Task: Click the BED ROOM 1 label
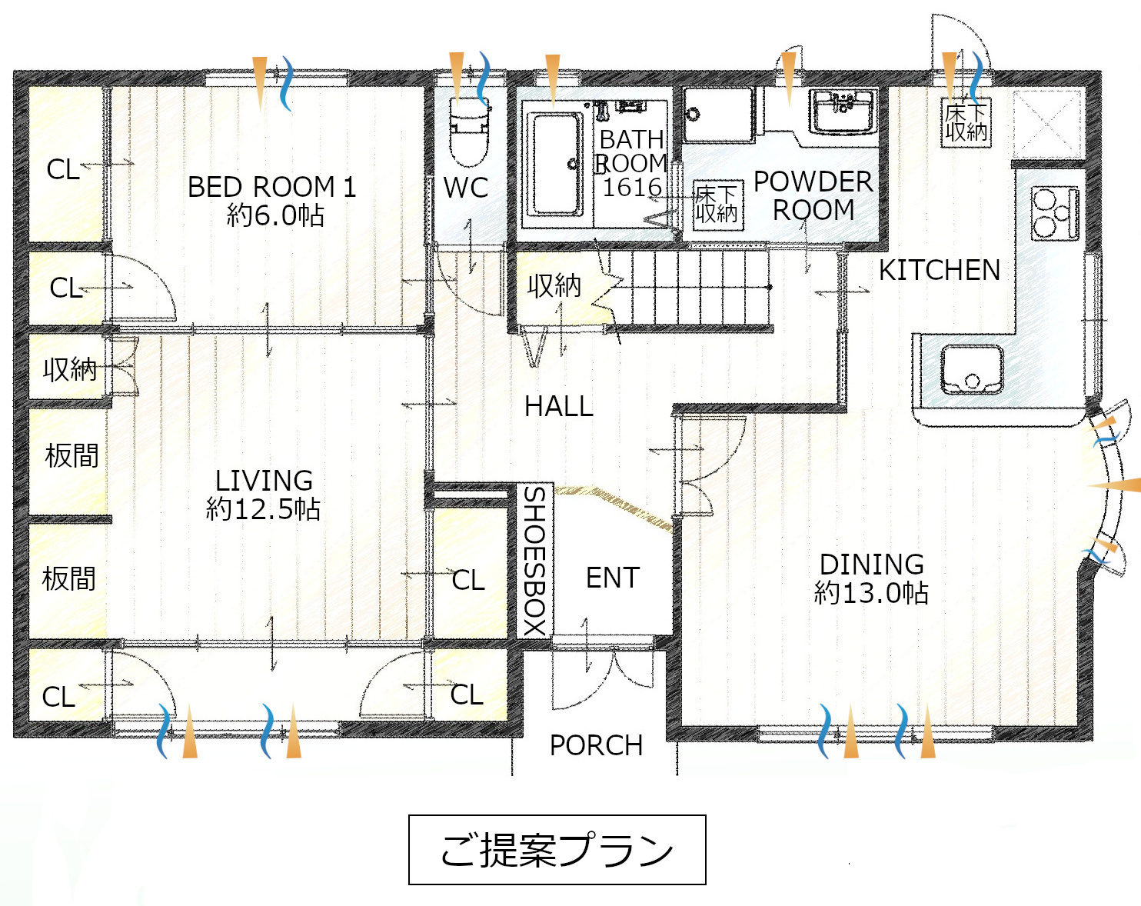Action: coord(271,187)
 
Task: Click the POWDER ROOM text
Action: coord(813,195)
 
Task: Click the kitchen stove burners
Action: coord(1055,213)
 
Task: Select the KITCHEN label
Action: coord(940,270)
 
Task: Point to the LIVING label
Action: coord(264,481)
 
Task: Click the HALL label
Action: coord(559,407)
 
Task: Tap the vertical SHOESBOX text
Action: coord(535,561)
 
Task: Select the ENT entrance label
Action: coord(612,578)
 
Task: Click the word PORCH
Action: coord(596,745)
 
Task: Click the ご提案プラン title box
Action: coord(557,850)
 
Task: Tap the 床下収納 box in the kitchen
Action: coord(966,122)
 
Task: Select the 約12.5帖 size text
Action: coord(263,509)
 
